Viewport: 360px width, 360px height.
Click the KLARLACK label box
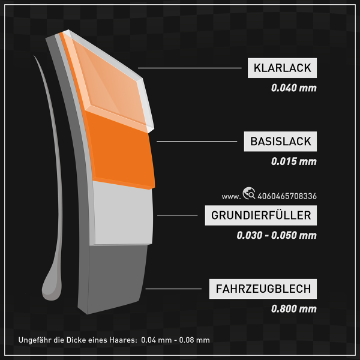click(282, 68)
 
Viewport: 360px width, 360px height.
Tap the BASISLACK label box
click(280, 142)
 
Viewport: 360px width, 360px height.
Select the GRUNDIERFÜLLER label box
click(260, 215)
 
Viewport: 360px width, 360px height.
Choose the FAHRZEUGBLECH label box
click(263, 289)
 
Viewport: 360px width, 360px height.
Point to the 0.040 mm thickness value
click(293, 88)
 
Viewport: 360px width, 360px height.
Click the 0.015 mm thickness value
click(293, 161)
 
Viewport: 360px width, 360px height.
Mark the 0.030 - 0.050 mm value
click(276, 235)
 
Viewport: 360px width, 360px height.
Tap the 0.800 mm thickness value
click(293, 309)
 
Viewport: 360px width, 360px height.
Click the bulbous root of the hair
click(52, 288)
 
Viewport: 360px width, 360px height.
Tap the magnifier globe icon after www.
click(248, 193)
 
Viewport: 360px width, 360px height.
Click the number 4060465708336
click(287, 196)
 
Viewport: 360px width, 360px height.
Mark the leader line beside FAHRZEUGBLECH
click(176, 289)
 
